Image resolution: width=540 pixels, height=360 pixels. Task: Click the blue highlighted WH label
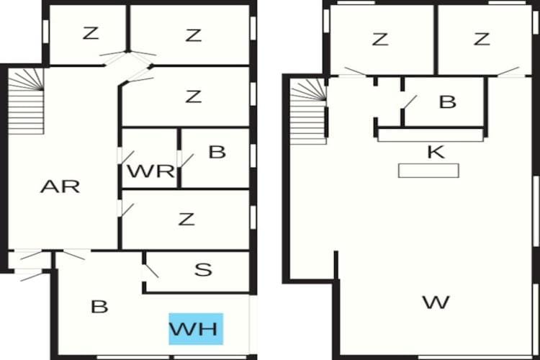(x=196, y=329)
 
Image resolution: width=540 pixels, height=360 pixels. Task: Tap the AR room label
(x=60, y=186)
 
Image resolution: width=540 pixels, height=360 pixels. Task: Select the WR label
(x=151, y=171)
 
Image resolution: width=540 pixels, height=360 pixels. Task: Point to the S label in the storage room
(x=203, y=270)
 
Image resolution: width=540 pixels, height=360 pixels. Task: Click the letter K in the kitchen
(x=436, y=152)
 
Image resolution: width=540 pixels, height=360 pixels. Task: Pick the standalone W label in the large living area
(x=436, y=302)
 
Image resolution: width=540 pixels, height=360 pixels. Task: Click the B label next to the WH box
(x=99, y=307)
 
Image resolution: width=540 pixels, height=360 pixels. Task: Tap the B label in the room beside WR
(x=217, y=152)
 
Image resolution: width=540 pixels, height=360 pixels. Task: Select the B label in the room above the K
(x=448, y=102)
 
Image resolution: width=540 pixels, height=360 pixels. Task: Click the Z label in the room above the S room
(x=186, y=219)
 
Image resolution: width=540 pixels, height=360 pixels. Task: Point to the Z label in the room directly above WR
(x=193, y=96)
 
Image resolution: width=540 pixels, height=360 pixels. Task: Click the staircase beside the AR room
(x=26, y=101)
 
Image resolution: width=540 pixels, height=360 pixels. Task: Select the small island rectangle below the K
(x=428, y=171)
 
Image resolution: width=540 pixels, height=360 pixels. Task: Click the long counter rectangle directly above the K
(x=431, y=135)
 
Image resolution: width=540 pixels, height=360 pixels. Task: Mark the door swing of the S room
(x=150, y=271)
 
